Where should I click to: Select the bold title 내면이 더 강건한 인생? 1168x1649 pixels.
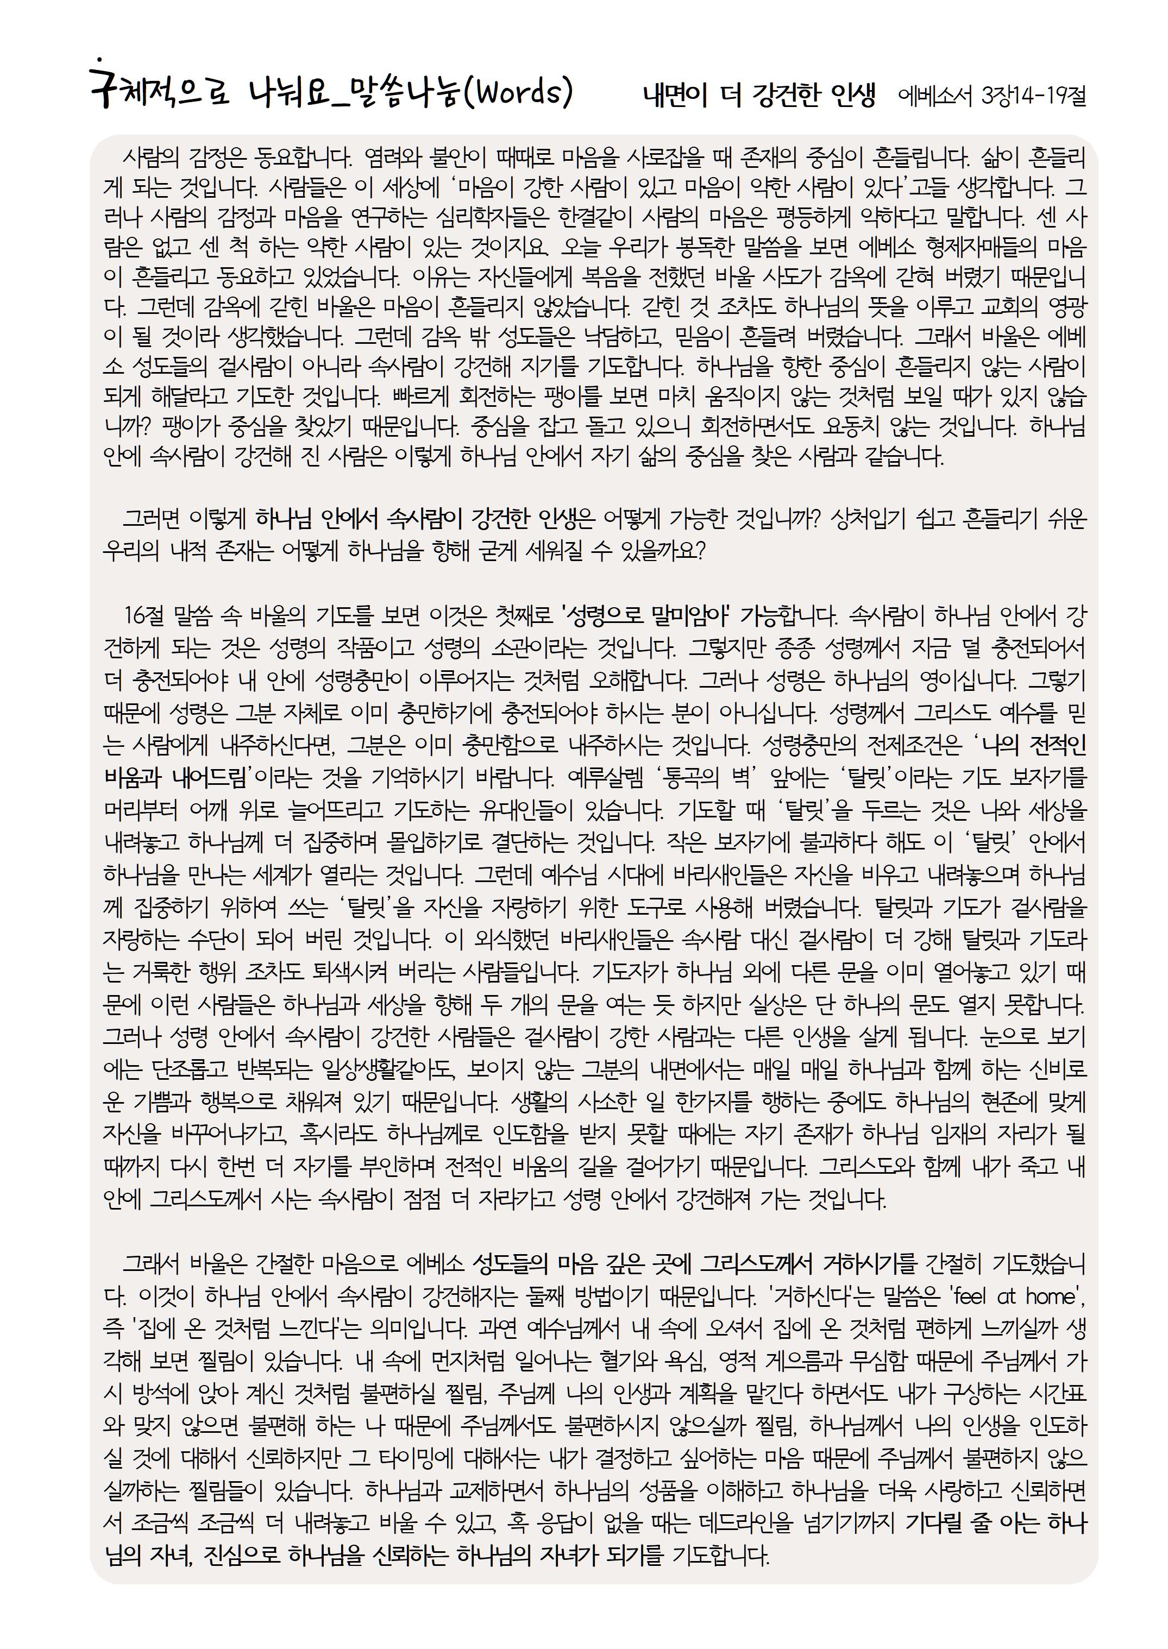pos(759,96)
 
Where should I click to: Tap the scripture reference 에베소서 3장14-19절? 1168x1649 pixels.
pos(993,96)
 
